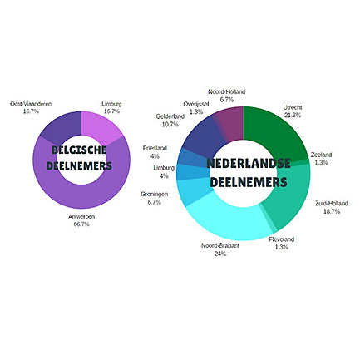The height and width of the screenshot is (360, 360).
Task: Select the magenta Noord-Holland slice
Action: point(231,123)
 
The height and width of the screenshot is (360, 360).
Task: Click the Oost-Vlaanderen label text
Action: point(31,104)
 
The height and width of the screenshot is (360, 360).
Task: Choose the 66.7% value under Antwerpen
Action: point(81,224)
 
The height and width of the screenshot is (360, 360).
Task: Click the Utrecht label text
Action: point(293,107)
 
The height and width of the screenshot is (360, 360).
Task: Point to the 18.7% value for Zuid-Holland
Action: point(332,211)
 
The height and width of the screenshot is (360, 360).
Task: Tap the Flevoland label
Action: point(282,239)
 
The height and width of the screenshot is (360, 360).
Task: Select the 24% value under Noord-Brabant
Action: point(220,254)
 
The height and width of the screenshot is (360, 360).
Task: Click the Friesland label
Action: point(155,148)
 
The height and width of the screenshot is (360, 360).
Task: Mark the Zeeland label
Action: point(321,155)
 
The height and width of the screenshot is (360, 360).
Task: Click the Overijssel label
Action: point(196,104)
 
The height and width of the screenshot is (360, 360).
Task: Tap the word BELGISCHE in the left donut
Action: point(79,150)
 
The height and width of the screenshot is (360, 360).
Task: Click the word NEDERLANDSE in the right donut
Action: point(249,163)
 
